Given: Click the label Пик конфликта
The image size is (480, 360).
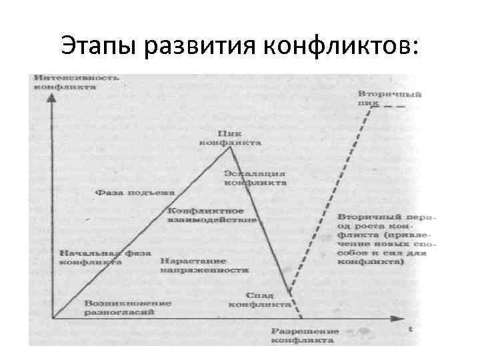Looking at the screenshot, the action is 230,137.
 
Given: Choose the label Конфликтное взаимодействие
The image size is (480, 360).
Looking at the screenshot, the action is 212,215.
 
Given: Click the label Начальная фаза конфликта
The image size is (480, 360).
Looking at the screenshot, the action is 105,258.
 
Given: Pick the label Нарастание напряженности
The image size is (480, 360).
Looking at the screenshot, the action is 205,265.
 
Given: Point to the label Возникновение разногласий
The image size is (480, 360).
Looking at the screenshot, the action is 127,307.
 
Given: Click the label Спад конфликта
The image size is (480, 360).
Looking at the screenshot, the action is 259,299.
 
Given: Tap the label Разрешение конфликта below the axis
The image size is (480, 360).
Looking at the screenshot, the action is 305,335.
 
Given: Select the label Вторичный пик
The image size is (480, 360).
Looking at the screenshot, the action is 380,99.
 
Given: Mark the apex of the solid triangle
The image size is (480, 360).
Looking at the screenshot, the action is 231,147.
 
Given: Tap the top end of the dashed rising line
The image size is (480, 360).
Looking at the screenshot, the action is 369,109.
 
